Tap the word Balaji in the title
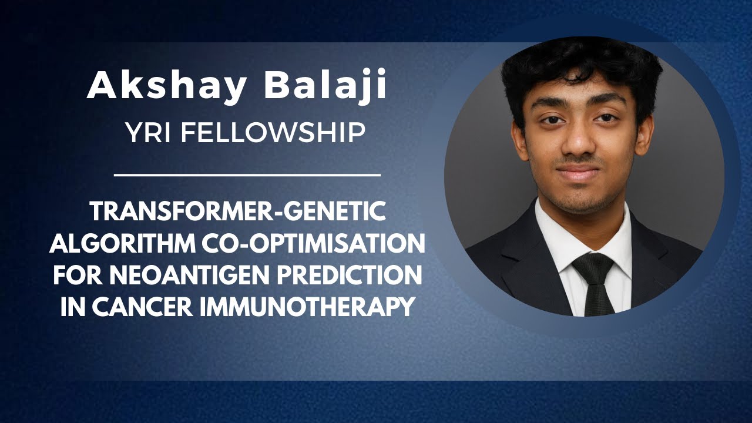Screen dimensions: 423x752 325,86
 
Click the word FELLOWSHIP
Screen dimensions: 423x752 273,133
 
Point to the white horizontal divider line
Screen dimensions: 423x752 247,174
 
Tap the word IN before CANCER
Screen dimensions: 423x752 72,307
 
